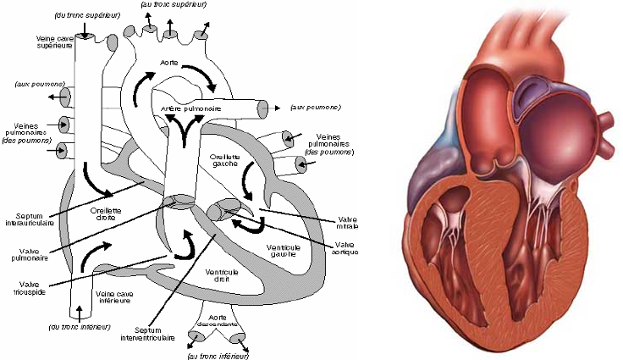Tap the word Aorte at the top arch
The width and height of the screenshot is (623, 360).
click(168, 64)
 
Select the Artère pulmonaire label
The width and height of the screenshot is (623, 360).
click(192, 109)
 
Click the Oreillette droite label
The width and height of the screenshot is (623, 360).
click(108, 213)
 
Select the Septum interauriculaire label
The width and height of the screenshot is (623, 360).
click(36, 219)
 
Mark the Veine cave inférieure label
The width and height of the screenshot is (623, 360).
click(116, 297)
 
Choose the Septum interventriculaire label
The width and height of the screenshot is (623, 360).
click(152, 333)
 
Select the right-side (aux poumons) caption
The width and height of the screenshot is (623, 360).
click(315, 108)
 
